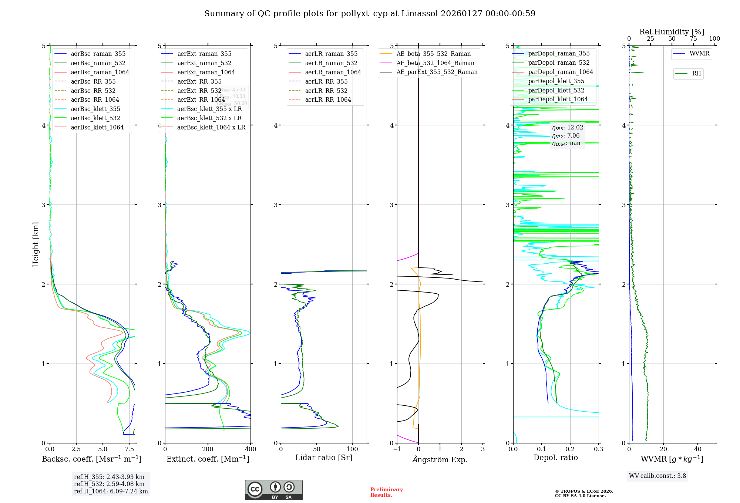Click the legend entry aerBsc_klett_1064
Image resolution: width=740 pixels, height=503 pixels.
97,127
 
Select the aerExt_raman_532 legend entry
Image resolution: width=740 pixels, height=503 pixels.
204,63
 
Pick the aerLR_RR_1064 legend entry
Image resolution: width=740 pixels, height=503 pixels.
328,99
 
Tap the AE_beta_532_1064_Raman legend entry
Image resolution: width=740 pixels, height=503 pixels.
435,63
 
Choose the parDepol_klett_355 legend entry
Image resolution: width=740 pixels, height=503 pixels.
556,81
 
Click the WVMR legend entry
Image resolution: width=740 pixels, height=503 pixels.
699,54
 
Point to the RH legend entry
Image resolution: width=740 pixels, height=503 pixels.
696,74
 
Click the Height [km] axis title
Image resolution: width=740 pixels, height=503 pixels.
36,244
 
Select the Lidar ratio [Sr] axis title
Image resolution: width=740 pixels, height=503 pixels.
324,458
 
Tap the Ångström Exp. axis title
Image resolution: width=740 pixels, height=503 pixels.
440,459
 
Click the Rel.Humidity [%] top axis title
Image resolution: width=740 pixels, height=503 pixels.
672,32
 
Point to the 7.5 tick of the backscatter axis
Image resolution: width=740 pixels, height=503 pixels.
129,449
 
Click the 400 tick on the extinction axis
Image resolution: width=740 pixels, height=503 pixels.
250,449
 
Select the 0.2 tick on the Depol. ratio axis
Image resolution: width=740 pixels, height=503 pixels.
570,449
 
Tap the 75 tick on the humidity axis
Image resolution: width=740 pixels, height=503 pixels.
693,39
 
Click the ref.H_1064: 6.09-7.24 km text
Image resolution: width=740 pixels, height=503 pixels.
111,491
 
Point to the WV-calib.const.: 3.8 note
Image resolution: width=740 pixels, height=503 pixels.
657,476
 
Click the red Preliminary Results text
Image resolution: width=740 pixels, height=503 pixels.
386,492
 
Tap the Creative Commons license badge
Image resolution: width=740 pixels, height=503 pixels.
273,490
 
